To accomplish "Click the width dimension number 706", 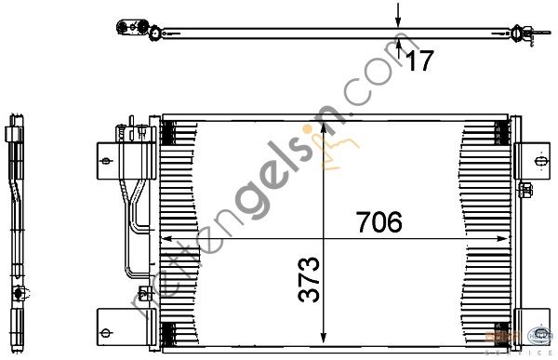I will pos(378,223).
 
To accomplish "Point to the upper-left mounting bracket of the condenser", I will pos(104,160).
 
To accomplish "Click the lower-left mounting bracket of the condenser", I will pos(106,332).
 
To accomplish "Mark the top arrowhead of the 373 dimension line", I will pos(323,126).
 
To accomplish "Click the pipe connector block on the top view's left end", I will pos(130,31).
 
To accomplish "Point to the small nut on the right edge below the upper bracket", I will pos(527,192).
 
